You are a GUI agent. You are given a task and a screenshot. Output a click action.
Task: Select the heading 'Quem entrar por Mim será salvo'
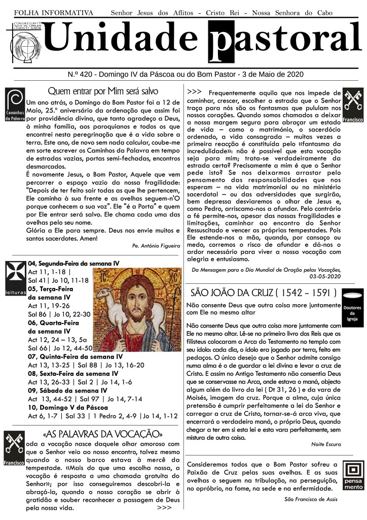(x=103, y=91)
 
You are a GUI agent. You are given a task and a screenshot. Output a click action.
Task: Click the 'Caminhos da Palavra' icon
(x=14, y=105)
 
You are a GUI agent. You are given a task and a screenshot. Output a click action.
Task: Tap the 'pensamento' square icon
(x=353, y=475)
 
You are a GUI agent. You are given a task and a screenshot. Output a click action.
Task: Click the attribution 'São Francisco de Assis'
(x=311, y=499)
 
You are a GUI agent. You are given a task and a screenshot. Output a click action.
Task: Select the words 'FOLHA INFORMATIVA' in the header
(x=54, y=12)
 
